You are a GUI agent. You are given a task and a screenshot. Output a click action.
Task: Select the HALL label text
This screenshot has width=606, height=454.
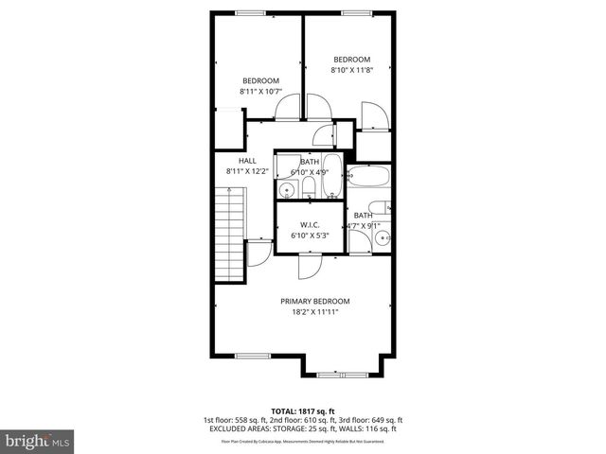point(248,161)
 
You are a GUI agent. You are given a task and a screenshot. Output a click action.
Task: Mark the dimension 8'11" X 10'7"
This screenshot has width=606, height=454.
point(260,92)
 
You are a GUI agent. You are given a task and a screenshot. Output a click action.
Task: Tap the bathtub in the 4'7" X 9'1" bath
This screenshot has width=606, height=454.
point(366,178)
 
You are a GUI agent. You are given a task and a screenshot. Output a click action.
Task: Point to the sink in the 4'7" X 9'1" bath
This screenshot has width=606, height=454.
point(382,239)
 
